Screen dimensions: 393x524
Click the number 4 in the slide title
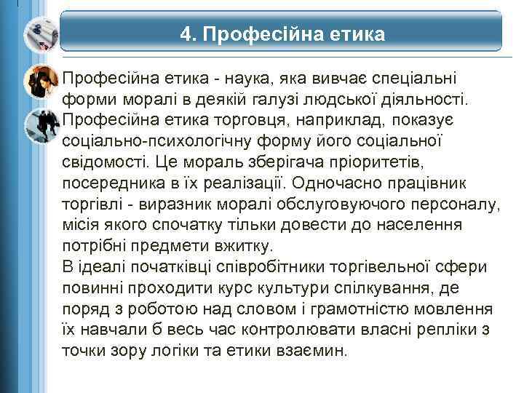187,35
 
